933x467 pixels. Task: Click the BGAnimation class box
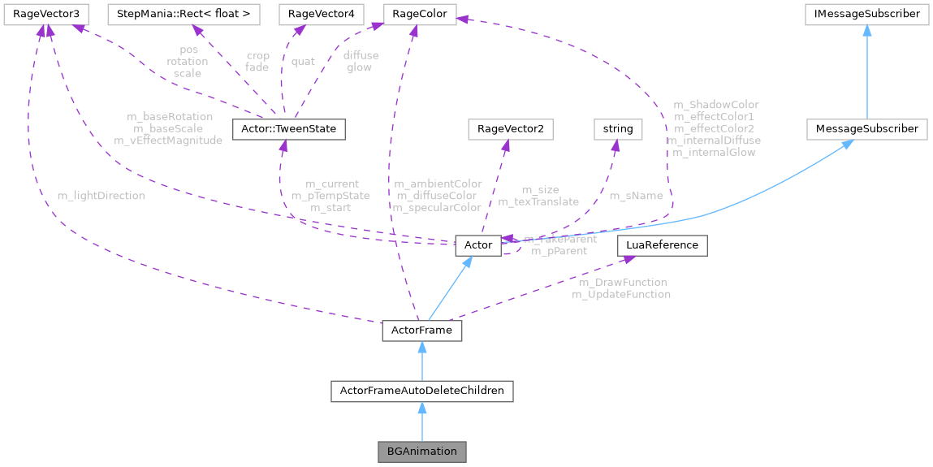(x=421, y=451)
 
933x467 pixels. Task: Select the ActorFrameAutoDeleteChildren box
(x=421, y=391)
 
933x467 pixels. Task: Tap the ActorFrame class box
(x=421, y=331)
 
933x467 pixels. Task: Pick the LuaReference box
(x=663, y=244)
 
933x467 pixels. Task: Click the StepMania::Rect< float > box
(x=184, y=14)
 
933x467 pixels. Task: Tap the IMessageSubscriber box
(x=866, y=14)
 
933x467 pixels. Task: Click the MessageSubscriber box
(x=866, y=129)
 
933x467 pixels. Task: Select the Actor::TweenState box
(x=289, y=129)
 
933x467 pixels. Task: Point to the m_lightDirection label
(x=102, y=196)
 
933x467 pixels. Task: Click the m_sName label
(x=636, y=196)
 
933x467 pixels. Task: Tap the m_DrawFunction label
(x=622, y=283)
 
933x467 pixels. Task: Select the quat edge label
(x=303, y=62)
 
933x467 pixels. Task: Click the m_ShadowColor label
(x=716, y=105)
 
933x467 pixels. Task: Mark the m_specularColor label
(x=437, y=208)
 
